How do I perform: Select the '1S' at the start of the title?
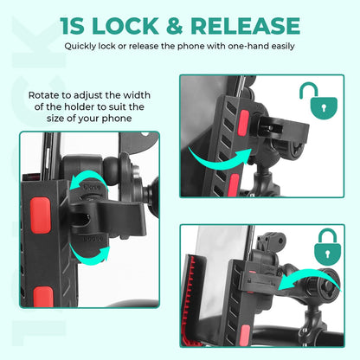[74, 25]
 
